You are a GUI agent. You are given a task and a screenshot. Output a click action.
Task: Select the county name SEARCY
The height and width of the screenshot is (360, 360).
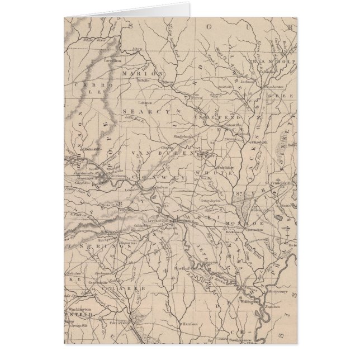pos(140,112)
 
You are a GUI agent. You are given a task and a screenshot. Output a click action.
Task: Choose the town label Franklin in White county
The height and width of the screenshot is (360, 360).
pos(226,167)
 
